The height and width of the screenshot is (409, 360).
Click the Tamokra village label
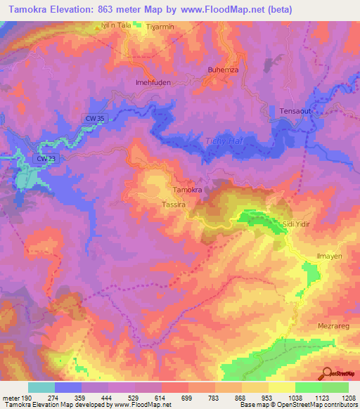[188, 190]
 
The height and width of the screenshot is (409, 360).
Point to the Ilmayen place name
[328, 256]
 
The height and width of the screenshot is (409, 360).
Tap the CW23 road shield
[44, 160]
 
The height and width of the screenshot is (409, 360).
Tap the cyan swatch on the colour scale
[41, 387]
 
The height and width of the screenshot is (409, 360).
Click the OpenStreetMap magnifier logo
[326, 373]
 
